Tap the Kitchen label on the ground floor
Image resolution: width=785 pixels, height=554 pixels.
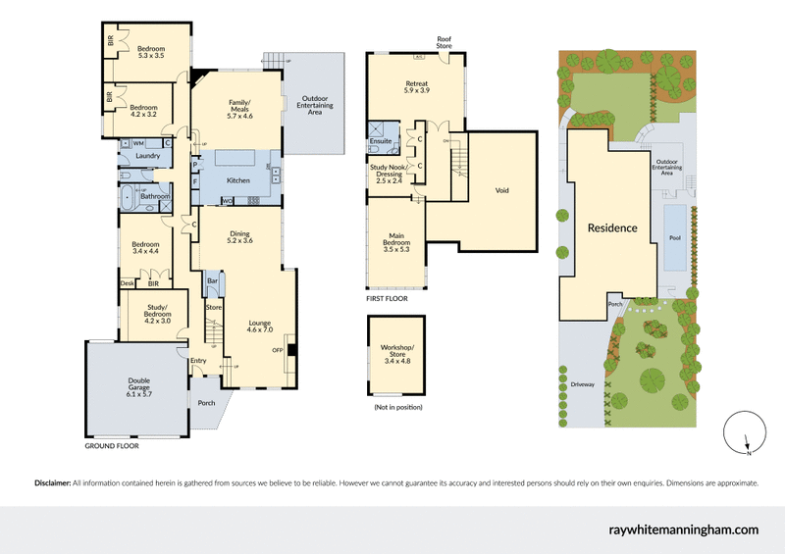[238, 180]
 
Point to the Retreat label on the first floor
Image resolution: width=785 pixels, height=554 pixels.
[417, 89]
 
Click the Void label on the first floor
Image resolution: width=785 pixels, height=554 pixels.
[502, 190]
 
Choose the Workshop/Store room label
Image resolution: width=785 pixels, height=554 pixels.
[398, 353]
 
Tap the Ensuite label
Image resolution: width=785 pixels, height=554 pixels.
[382, 141]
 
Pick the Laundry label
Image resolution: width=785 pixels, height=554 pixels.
[148, 156]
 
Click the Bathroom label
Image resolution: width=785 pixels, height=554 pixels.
[155, 196]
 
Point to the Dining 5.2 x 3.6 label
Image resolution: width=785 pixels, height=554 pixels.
[240, 236]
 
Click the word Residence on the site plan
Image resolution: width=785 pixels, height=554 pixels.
[612, 227]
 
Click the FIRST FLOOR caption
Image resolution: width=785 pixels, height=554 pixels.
[388, 296]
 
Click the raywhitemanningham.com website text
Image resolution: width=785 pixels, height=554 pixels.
[684, 529]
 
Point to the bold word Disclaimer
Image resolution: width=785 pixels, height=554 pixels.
[52, 483]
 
